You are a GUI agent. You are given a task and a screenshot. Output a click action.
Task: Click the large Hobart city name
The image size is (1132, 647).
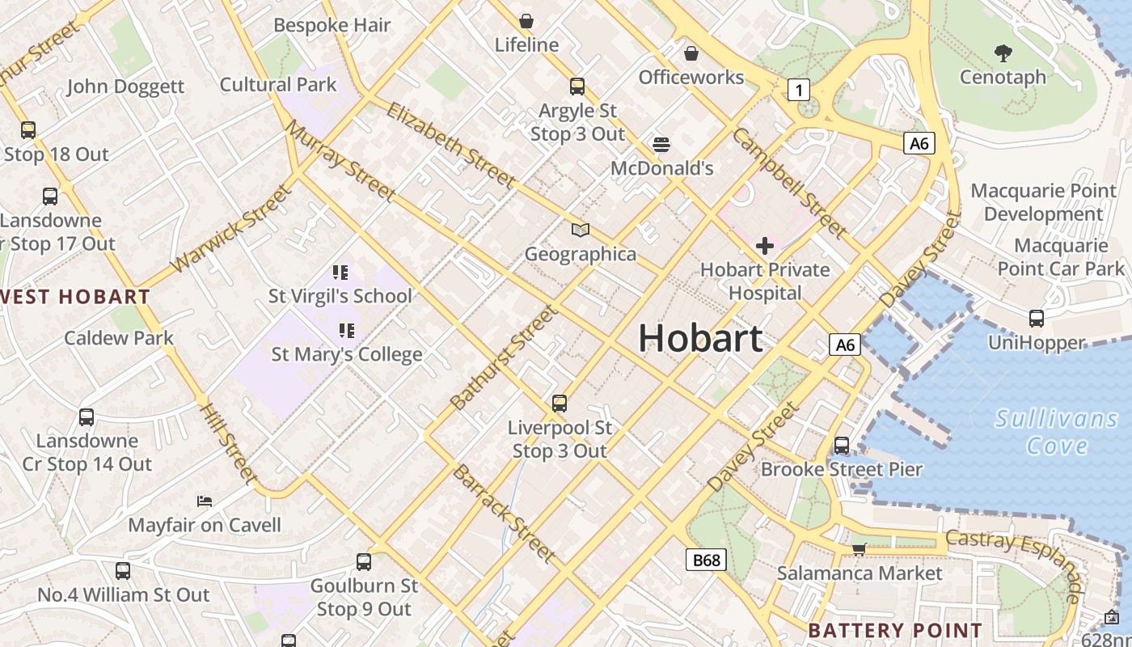point(700,338)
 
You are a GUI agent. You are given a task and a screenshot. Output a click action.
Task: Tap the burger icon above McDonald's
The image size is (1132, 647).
point(661,145)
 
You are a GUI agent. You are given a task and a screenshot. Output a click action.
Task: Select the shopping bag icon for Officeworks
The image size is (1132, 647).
point(691,53)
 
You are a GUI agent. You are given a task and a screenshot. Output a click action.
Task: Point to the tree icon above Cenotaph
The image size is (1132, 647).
point(1003,53)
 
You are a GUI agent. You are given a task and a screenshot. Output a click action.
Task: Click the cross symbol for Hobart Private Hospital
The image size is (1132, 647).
point(764,245)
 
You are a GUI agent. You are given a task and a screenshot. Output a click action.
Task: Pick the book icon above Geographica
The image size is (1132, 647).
point(581,230)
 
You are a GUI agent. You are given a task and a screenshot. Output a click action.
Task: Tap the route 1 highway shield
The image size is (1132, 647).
point(799,90)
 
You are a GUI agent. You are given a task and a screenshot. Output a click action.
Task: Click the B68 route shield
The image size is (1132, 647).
point(706,560)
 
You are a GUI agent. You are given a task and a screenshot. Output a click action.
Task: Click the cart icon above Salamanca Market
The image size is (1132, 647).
point(859,549)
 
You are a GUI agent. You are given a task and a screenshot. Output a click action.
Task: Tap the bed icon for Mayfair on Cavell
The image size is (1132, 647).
point(205,501)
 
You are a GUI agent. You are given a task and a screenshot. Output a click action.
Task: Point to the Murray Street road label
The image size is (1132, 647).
point(340,161)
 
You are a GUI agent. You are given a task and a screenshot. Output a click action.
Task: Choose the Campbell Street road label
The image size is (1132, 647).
point(788,184)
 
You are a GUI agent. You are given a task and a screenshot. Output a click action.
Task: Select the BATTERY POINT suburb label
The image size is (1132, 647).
point(895,630)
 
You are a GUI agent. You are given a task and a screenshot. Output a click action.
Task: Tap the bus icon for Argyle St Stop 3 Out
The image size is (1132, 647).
point(577,87)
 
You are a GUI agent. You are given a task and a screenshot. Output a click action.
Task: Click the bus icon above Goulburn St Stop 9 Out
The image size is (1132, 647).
point(364,561)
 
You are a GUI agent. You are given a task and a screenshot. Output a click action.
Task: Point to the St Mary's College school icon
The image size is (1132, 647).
point(346,330)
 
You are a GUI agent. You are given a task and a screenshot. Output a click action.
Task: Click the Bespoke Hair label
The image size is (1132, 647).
point(332,25)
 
